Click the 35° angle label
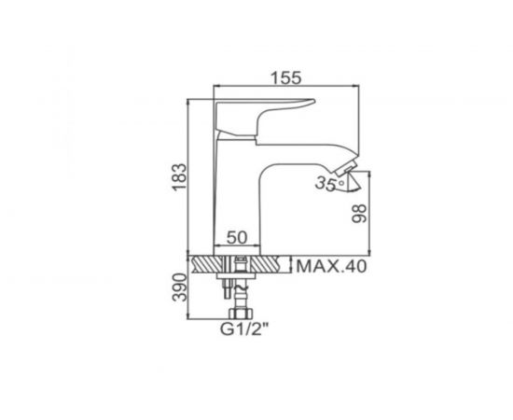[x=326, y=185]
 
